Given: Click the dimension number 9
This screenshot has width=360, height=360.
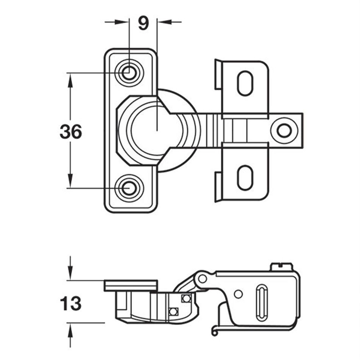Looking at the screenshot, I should [143, 23].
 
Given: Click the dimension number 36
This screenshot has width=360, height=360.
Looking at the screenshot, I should [71, 132].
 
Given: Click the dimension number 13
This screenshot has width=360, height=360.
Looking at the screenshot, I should [71, 303].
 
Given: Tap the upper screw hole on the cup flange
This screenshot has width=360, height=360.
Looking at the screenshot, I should [129, 72].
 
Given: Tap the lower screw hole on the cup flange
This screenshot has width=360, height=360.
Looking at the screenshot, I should [129, 187].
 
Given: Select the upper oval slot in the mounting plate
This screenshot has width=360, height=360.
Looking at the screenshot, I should [245, 83].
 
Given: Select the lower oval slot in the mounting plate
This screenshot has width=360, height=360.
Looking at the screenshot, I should [245, 177].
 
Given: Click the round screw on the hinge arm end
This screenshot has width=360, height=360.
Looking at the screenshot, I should [284, 131].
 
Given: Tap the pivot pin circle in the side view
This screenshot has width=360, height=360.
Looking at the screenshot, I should [203, 279].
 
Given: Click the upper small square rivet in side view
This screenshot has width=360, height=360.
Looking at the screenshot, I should [185, 298].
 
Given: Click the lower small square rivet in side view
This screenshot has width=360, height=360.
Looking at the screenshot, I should [173, 312].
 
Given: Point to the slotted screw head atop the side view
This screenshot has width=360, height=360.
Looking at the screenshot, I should [282, 267].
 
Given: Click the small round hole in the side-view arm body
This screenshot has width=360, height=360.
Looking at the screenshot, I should [238, 294].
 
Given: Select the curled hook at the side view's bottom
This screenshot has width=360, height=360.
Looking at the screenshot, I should [215, 332].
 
